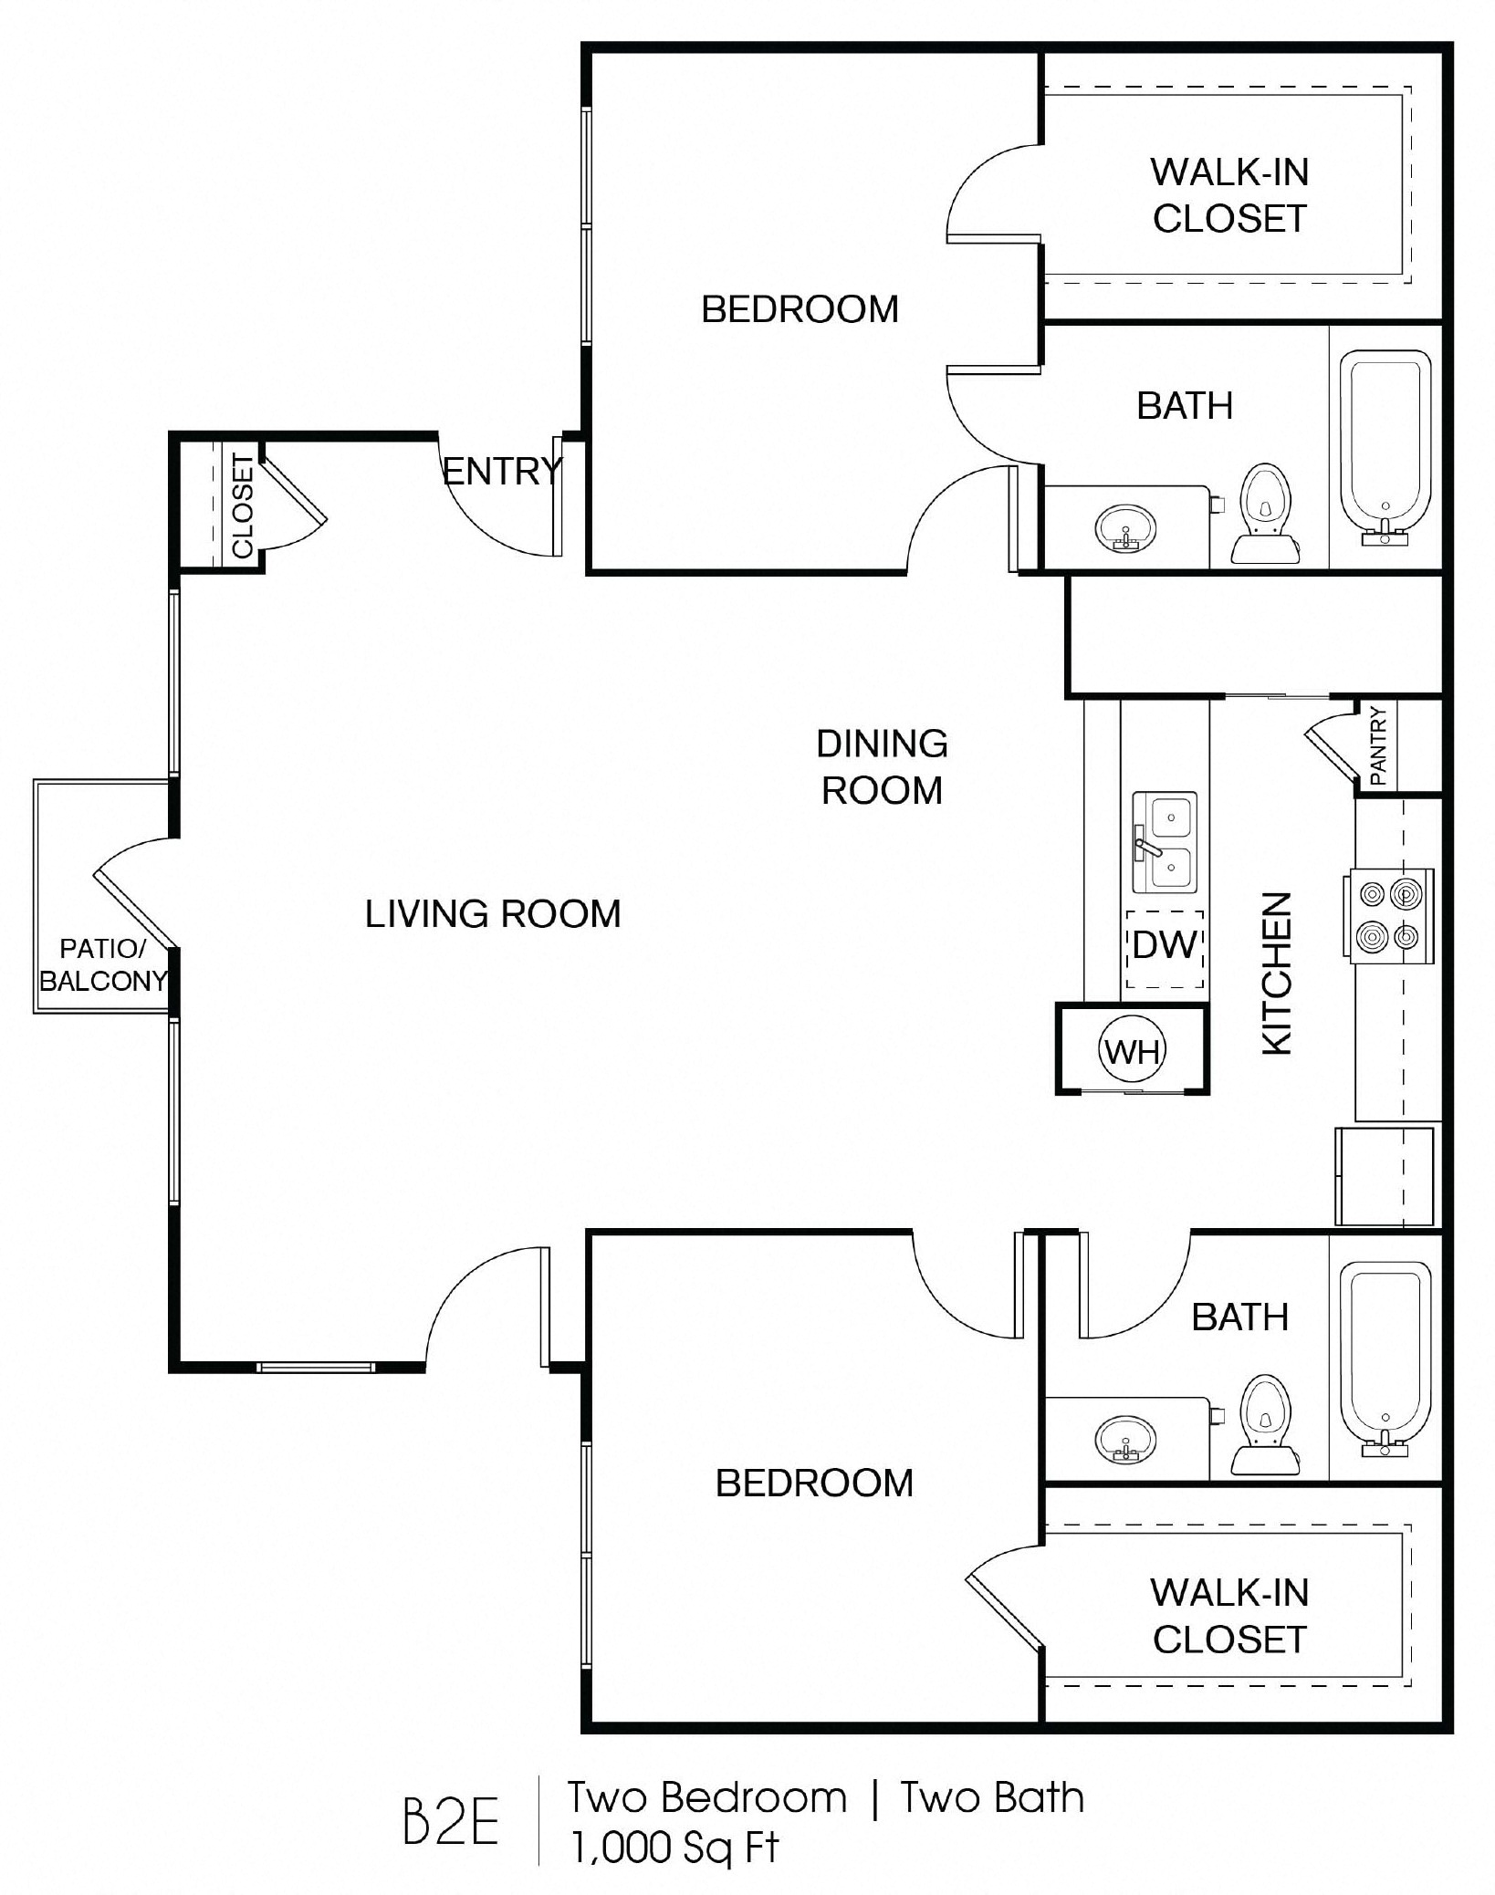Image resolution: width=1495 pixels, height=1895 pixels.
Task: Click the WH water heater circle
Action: tap(1132, 1051)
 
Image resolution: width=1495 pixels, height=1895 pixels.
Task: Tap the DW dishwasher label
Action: tap(1164, 945)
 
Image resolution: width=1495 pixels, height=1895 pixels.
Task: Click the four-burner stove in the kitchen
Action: tap(1387, 915)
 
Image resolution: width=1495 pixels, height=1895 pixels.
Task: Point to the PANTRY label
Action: tap(1378, 746)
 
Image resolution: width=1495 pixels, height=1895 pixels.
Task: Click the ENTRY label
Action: tap(502, 472)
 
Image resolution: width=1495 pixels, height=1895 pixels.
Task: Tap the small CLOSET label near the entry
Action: tap(242, 506)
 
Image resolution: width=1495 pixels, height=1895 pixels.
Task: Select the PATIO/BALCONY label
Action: tap(103, 964)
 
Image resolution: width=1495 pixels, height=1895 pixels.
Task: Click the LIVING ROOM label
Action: tap(493, 914)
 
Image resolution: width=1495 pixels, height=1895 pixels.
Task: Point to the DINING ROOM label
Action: tap(882, 767)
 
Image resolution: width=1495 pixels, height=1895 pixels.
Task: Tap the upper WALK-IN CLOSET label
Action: tap(1229, 195)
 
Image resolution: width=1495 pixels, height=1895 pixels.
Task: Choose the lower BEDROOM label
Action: tap(814, 1483)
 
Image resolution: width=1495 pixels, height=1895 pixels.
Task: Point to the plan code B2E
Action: tap(451, 1822)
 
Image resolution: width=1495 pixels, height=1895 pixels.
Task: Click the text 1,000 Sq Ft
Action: tap(675, 1848)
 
